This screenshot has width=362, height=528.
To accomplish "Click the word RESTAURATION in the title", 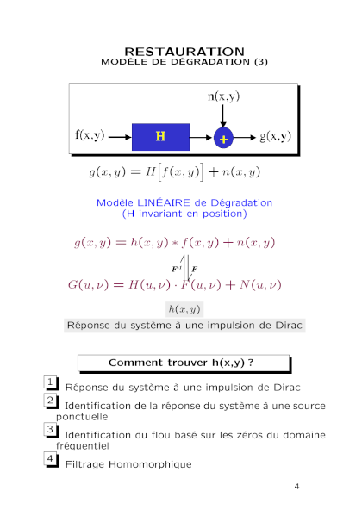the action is click(x=184, y=52).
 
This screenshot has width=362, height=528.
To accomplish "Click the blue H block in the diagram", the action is click(x=160, y=137).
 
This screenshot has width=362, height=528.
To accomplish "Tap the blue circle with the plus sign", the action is click(x=223, y=138).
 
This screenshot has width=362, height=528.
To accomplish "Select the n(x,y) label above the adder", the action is click(x=223, y=96).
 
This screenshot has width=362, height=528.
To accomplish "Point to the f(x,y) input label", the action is click(x=90, y=135).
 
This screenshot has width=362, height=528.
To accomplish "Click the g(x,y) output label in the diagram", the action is click(x=275, y=136).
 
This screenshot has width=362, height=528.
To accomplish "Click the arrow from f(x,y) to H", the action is click(x=120, y=137).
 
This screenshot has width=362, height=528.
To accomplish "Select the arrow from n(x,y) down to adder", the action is click(x=222, y=115).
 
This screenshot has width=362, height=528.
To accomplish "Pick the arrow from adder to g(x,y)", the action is click(x=245, y=138).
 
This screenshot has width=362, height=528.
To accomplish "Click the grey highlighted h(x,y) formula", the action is click(x=184, y=309).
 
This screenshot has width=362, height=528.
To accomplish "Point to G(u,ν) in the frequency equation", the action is click(x=88, y=285).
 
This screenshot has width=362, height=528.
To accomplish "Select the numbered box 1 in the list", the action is click(x=50, y=382).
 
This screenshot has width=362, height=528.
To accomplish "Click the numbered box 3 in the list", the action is click(x=50, y=429).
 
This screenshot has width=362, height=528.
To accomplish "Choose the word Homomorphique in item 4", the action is click(x=150, y=465).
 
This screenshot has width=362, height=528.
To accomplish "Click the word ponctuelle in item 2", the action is click(x=82, y=417).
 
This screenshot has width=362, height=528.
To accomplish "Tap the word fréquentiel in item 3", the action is click(x=83, y=446).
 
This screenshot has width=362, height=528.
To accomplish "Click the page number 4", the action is click(x=296, y=487).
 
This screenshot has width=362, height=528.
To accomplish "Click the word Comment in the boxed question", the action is click(x=135, y=363).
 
